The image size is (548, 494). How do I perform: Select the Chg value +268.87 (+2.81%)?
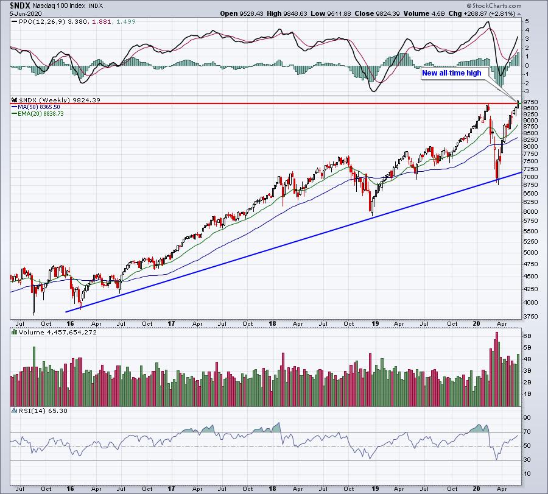coord(489,13)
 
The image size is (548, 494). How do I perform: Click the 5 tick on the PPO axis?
coord(528,21)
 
